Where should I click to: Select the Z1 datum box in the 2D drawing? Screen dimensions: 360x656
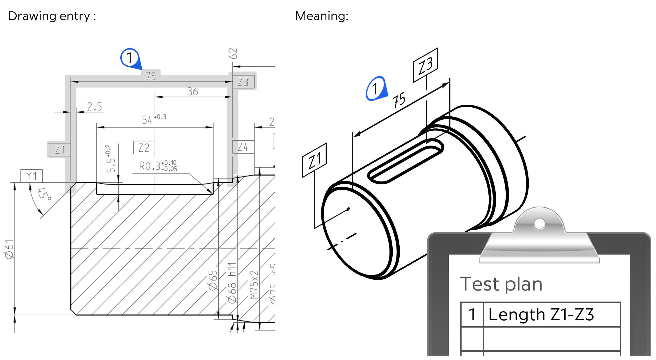[x=60, y=150]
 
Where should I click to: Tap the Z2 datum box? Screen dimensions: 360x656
[x=144, y=148]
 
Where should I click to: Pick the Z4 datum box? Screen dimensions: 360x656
[x=243, y=147]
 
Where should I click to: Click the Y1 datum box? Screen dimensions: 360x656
[x=32, y=176]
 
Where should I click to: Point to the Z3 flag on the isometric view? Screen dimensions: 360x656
[x=425, y=65]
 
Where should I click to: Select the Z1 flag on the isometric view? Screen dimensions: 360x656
[x=314, y=160]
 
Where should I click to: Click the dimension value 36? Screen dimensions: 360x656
[x=193, y=92]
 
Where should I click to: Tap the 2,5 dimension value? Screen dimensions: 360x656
[x=95, y=106]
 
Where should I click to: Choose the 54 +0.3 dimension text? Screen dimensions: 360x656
[x=154, y=119]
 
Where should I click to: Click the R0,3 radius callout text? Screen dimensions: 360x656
[x=158, y=166]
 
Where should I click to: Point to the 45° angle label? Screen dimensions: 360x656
[x=44, y=194]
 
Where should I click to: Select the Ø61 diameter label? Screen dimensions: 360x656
[x=9, y=249]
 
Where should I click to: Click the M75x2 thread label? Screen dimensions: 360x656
[x=254, y=284]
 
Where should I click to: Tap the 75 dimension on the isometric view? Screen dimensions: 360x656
[x=399, y=100]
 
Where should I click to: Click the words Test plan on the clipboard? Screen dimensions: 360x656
[x=501, y=284]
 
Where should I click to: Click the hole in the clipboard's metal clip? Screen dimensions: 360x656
[x=539, y=224]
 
